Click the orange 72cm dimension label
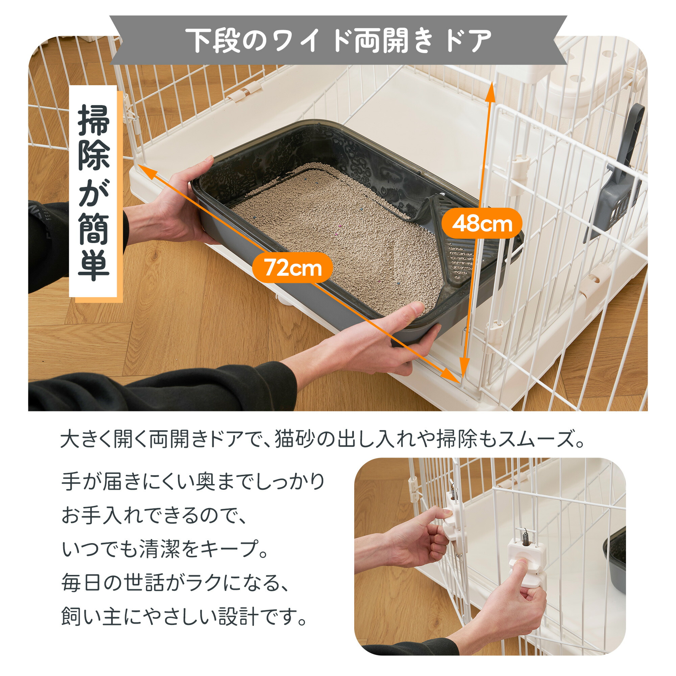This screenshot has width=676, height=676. click(x=292, y=268)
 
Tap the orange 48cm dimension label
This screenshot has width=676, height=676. click(x=482, y=223)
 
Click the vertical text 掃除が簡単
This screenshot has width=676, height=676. click(x=94, y=192)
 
